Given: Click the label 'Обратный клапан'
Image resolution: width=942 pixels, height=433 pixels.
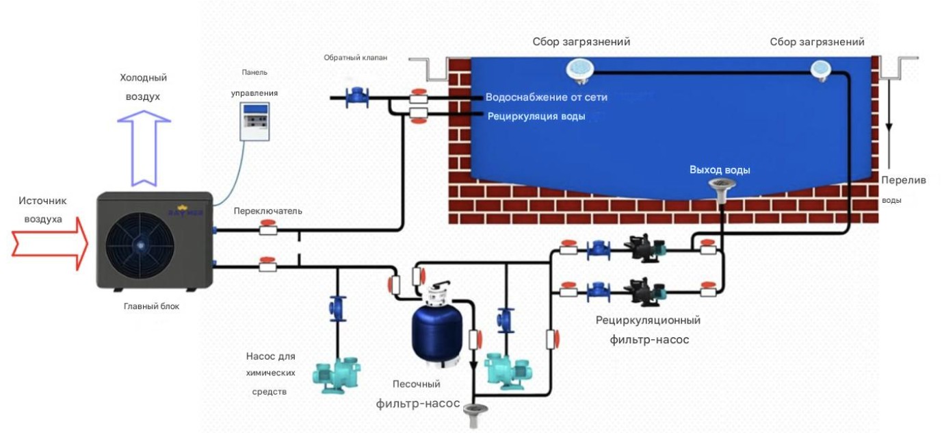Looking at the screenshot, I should tap(356, 58).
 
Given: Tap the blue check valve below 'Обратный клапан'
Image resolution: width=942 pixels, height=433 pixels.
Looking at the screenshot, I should tap(356, 98).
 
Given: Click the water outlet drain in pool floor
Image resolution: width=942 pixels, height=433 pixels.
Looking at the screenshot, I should tap(720, 186).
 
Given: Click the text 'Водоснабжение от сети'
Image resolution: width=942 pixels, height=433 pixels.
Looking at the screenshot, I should tap(546, 97).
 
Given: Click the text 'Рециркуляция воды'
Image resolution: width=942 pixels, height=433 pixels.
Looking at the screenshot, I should tap(536, 116).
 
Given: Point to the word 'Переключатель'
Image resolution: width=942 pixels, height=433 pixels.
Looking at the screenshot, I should tap(267, 211).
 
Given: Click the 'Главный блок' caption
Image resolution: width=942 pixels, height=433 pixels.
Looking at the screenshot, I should tap(151, 306).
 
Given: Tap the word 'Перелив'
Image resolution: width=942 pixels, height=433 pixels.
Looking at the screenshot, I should tap(903, 180).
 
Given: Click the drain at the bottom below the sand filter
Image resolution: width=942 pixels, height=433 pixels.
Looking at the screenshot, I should tap(473, 412).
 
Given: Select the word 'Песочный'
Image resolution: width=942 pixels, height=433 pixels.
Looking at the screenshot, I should tap(417, 384).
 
